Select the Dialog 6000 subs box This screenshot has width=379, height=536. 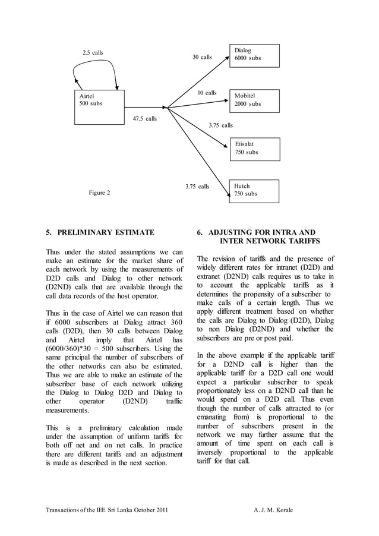tap(254, 55)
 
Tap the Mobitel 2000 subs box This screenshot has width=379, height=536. tap(254, 100)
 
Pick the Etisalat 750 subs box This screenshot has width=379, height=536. tap(254, 149)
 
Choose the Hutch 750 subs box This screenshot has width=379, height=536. tap(254, 191)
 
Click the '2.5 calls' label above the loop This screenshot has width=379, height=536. tap(93, 53)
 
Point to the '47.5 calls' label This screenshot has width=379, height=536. tap(144, 119)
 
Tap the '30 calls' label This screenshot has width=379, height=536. tap(202, 57)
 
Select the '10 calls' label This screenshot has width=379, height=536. tap(207, 93)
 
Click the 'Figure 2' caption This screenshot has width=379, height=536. tap(99, 193)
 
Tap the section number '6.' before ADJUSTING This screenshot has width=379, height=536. tap(200, 232)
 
